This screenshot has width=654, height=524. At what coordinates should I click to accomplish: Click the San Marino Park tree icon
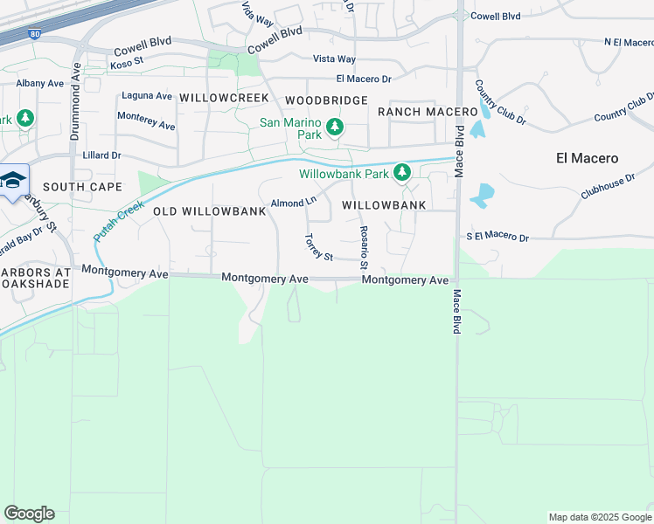click(334, 129)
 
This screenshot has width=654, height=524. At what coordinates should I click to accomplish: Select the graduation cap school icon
click(12, 180)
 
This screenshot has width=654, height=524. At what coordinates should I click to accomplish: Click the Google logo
click(29, 514)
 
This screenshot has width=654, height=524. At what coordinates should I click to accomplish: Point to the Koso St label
click(127, 64)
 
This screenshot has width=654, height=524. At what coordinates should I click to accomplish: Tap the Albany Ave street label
click(40, 83)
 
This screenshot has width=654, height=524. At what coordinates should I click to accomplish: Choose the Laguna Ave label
click(146, 95)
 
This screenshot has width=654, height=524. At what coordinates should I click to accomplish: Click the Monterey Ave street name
click(146, 120)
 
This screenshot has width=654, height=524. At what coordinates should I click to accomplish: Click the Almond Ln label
click(293, 203)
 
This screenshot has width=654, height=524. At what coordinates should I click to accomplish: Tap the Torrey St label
click(318, 247)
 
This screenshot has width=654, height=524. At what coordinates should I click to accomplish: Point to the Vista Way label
click(334, 59)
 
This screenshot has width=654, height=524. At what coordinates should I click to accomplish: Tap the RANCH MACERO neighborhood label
click(428, 112)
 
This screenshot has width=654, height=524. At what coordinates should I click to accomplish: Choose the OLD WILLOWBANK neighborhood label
click(208, 211)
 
